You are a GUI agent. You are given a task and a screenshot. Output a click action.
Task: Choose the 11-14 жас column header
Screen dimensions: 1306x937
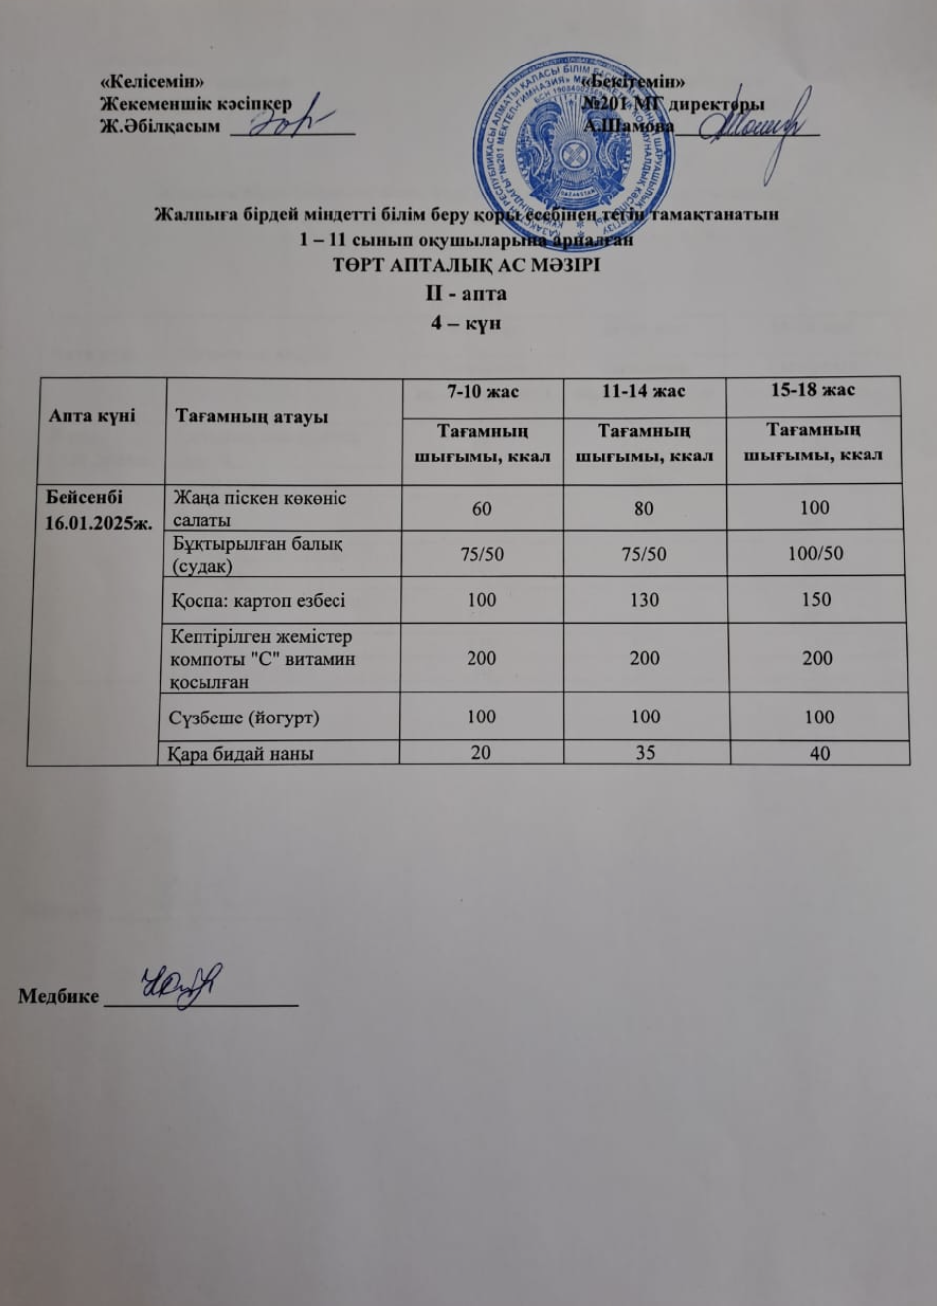point(642,393)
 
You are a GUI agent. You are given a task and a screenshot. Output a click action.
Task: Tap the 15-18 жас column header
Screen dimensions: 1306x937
point(814,392)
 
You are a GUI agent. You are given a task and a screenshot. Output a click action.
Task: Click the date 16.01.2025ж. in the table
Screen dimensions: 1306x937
point(92,522)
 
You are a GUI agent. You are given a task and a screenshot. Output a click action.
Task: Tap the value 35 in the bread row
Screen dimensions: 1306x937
point(642,753)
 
